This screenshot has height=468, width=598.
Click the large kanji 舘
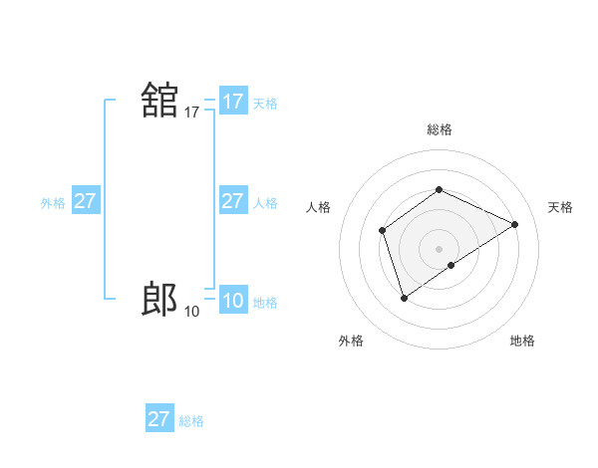coord(159,102)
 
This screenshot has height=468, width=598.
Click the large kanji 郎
coord(159,299)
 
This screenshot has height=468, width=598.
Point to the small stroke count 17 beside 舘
coord(191,114)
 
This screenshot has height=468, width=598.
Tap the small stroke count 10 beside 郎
coord(191,312)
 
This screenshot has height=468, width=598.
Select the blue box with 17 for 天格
coord(233,102)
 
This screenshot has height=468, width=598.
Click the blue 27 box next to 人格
coord(232,201)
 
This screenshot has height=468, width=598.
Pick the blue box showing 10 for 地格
coord(233,301)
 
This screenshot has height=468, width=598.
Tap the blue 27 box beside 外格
coord(85,201)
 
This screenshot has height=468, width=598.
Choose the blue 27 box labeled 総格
coord(159,419)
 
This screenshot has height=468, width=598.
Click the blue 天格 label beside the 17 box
coord(265,104)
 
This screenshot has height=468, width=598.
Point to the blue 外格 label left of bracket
coord(53,203)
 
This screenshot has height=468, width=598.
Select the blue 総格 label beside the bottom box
coord(191,421)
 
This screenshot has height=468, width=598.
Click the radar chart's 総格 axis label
coord(439,129)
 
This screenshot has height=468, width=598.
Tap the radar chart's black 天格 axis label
coord(560,207)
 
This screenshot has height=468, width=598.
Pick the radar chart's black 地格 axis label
coord(522,341)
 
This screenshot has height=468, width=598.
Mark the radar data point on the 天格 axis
coord(515,224)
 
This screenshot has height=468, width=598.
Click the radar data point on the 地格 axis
coord(451,265)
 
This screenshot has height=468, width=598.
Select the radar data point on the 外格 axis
coord(404,297)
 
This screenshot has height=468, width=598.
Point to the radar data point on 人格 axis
coord(382,231)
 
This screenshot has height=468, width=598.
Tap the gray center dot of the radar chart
coord(439,248)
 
